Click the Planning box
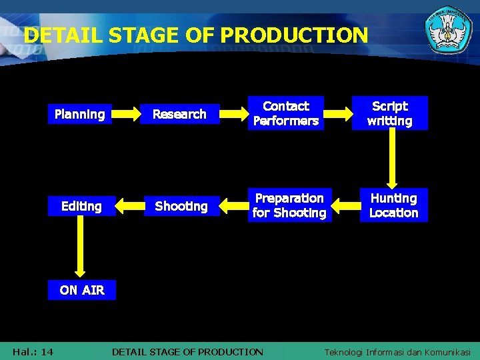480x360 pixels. tap(80, 114)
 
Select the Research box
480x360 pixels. tap(179, 114)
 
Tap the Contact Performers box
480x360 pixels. tap(286, 113)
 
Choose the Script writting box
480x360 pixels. tap(390, 113)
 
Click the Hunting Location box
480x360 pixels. tap(393, 205)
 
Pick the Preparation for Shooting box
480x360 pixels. tap(289, 205)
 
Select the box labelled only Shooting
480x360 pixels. tap(181, 206)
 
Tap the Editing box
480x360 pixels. tap(81, 206)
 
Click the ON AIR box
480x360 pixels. tap(81, 290)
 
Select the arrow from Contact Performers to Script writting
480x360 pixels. tap(339, 114)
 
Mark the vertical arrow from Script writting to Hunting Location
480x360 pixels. tap(392, 159)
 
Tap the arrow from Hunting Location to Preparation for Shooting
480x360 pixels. tap(345, 206)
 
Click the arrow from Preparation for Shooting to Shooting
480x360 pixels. tap(233, 206)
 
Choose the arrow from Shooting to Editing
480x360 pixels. tap(130, 206)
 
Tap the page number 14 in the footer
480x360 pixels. tap(47, 351)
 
